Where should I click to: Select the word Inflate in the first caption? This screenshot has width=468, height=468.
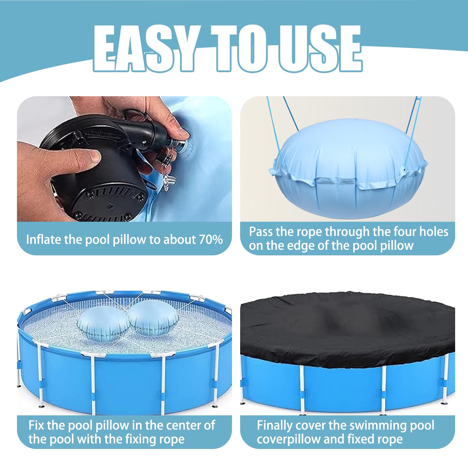pos(44,240)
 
